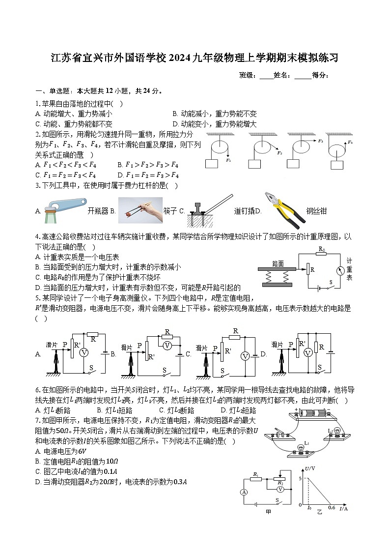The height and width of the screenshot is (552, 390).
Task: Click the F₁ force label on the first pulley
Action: tap(228, 160)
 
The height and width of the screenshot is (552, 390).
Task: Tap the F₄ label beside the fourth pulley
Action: tap(350, 143)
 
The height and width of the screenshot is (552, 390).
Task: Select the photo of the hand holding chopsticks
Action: tap(140, 210)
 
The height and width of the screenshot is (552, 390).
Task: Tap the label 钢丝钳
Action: tap(316, 211)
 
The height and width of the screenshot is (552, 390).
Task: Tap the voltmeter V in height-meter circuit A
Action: tap(84, 352)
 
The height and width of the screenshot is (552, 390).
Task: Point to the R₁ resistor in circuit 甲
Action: tap(256, 478)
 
